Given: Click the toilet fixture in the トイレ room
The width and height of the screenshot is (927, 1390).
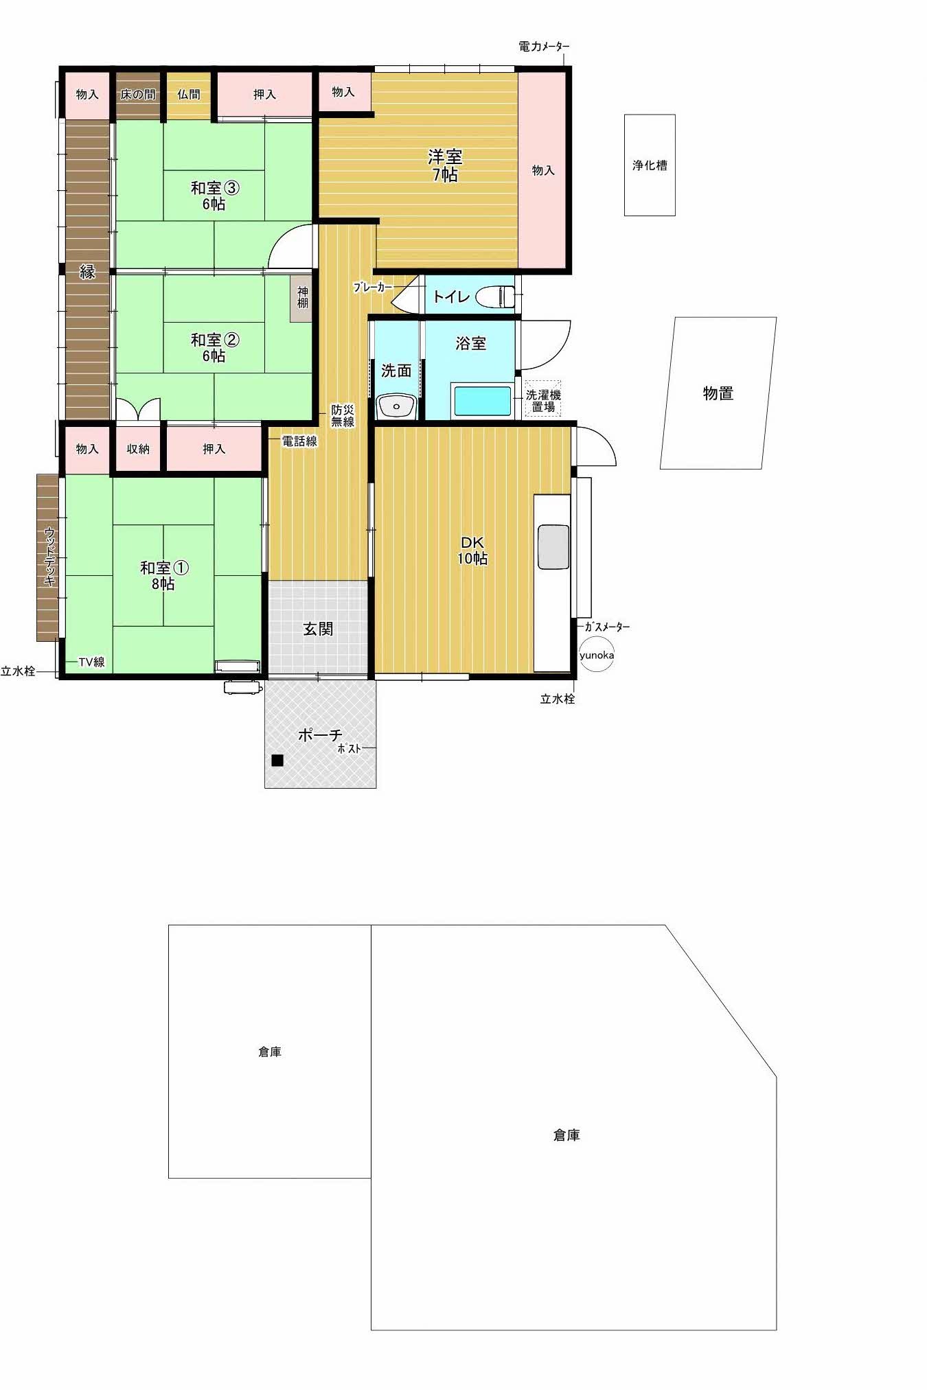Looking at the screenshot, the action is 496,297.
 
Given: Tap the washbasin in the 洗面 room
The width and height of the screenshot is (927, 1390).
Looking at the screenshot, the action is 396,406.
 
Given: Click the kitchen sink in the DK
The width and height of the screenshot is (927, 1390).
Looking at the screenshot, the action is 553,547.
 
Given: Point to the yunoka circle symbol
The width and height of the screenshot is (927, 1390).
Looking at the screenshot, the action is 597,655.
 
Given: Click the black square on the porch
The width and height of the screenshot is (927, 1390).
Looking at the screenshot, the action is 277,760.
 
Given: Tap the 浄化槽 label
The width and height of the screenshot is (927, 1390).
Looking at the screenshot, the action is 650,165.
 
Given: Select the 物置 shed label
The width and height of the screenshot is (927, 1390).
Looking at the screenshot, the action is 718,393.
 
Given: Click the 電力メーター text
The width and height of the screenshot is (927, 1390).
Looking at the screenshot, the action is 544,47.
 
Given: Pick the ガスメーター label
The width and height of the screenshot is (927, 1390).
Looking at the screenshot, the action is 607,627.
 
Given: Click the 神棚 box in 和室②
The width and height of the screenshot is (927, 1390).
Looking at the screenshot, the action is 302,299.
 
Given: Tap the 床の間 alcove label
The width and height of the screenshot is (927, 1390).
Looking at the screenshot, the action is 138,95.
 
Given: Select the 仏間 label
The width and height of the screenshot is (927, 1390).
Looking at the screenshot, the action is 189,94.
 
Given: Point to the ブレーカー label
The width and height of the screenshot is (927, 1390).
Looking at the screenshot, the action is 374,288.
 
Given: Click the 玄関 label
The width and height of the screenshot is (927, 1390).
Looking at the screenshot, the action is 318,629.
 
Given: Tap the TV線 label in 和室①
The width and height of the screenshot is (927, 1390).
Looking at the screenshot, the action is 91,662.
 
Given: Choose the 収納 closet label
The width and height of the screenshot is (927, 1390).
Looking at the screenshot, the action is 138,449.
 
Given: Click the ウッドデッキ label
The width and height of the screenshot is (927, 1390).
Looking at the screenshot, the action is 49,556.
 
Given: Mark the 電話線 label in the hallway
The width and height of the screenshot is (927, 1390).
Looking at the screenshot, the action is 300,441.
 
